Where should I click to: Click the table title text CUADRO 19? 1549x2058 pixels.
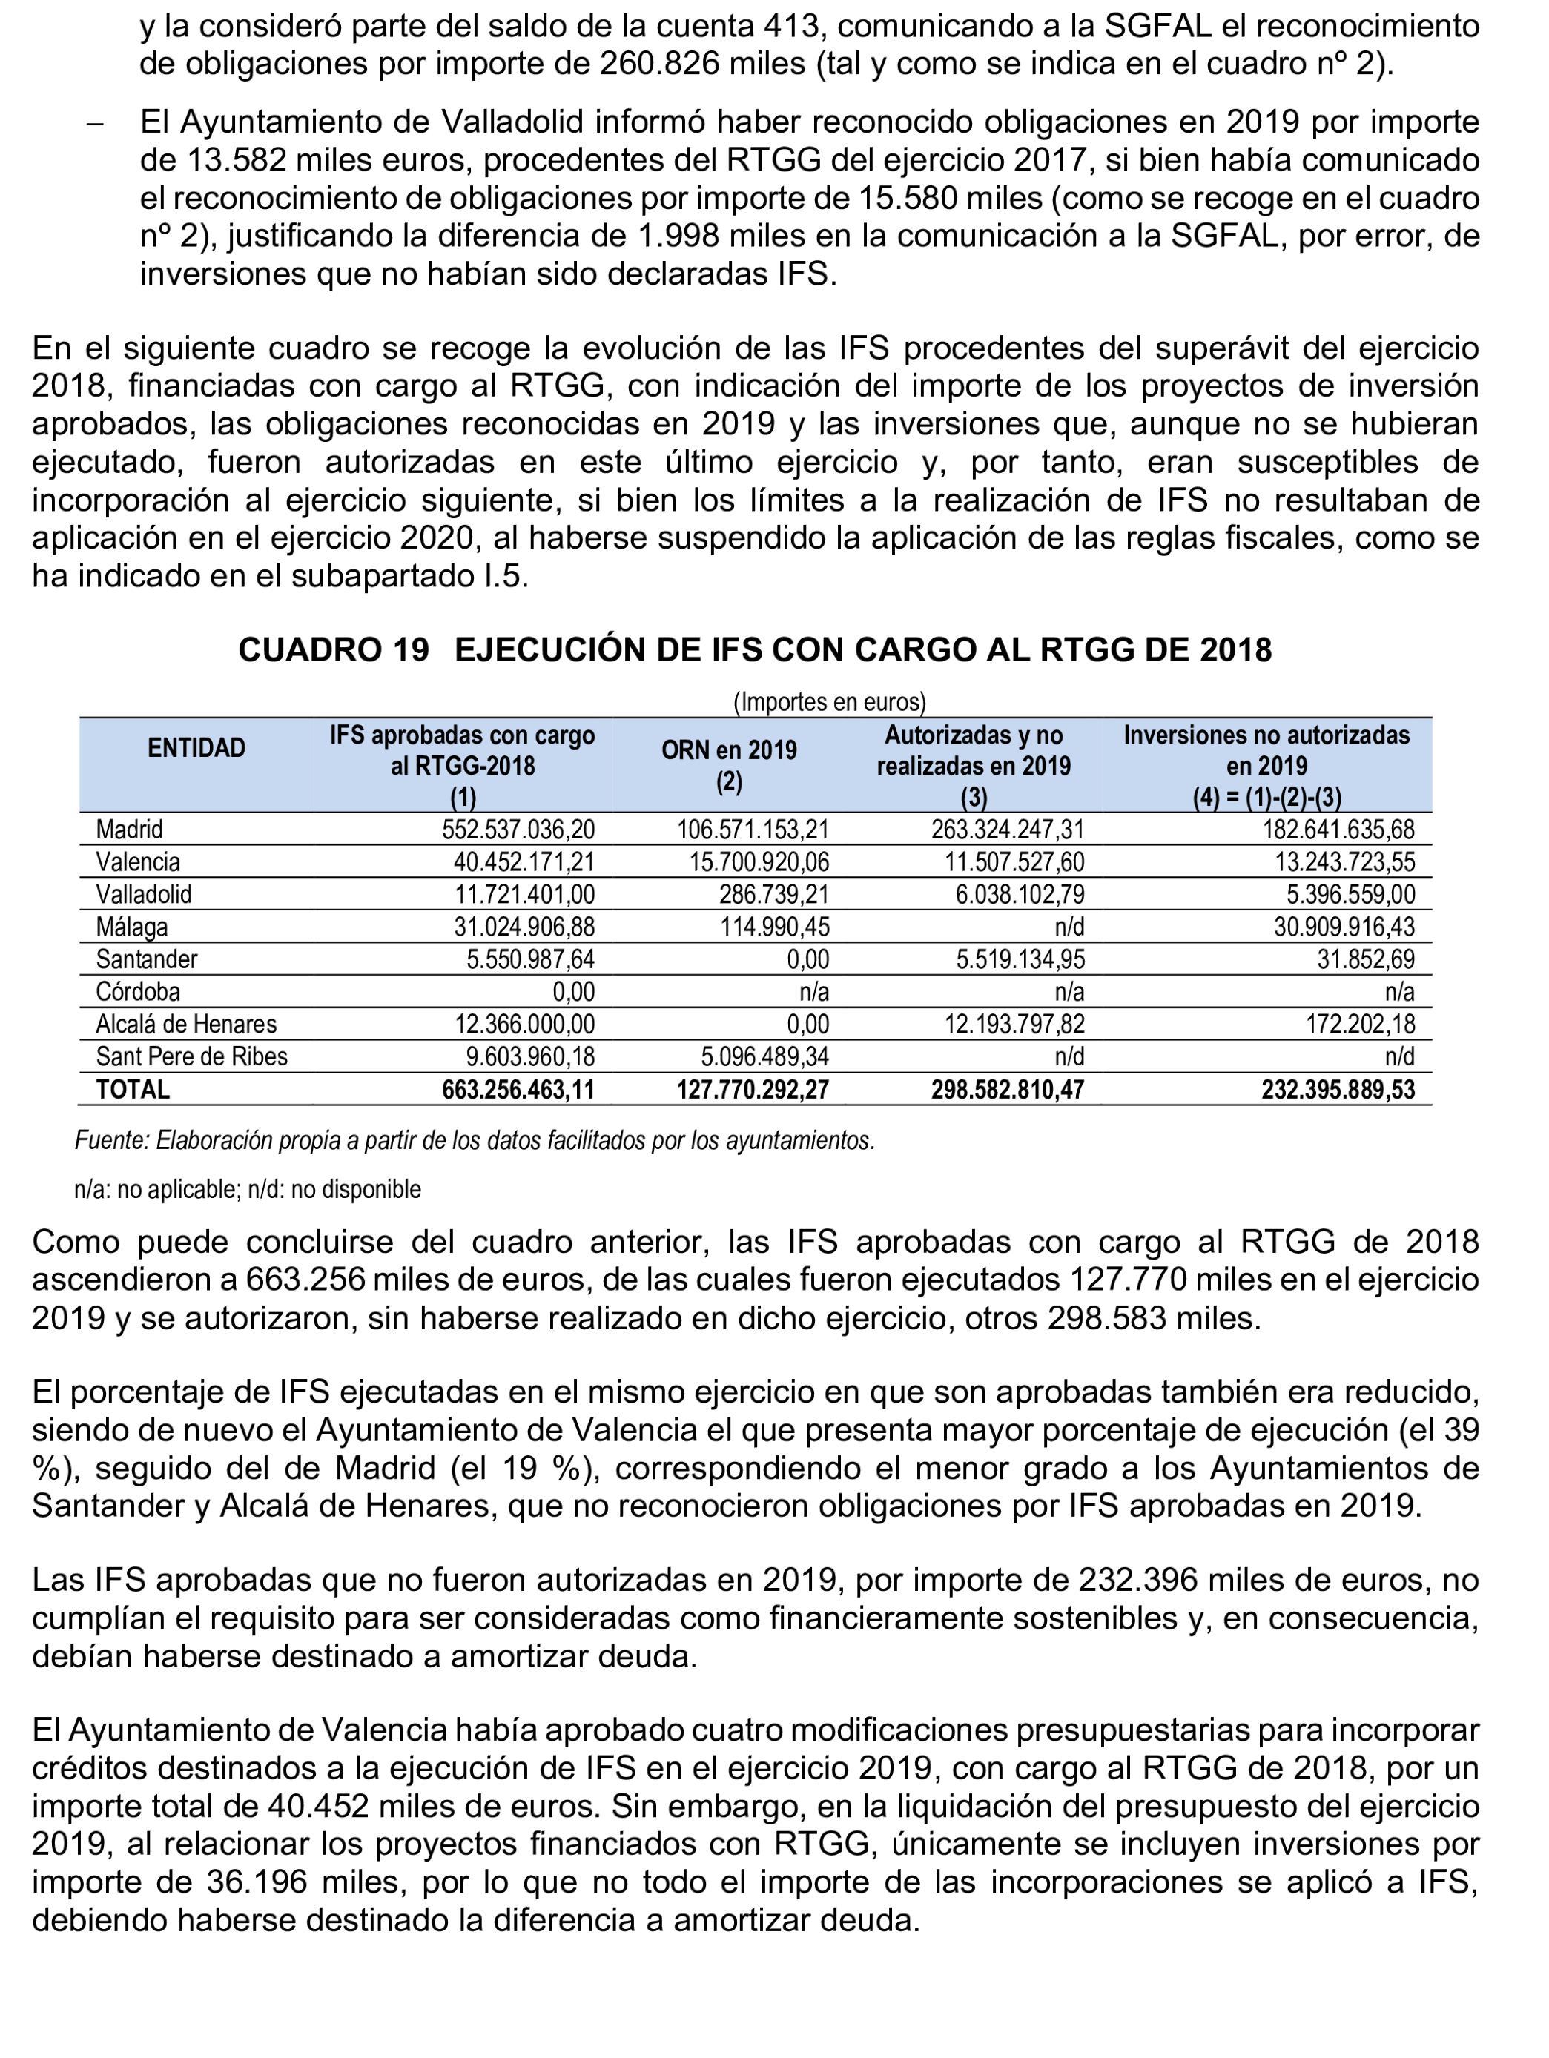[x=333, y=649]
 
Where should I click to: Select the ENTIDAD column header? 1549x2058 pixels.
[x=196, y=748]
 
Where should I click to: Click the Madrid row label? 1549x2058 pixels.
[x=129, y=829]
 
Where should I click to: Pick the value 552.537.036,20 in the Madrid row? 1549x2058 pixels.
[x=518, y=829]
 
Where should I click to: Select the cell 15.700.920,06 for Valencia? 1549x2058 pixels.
[x=759, y=861]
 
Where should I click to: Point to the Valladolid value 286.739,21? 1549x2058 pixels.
[x=773, y=894]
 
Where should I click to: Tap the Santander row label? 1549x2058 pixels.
[x=146, y=959]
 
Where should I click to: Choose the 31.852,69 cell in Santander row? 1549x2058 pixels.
[x=1365, y=959]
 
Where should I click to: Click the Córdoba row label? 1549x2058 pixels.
[x=138, y=992]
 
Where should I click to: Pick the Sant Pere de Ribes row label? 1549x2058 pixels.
[x=191, y=1057]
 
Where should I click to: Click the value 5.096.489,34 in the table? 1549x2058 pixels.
[x=764, y=1057]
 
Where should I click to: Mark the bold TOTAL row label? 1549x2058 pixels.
[x=133, y=1090]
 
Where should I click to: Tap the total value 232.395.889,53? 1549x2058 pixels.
[x=1337, y=1090]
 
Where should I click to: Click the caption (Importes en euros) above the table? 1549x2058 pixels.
[x=829, y=701]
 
